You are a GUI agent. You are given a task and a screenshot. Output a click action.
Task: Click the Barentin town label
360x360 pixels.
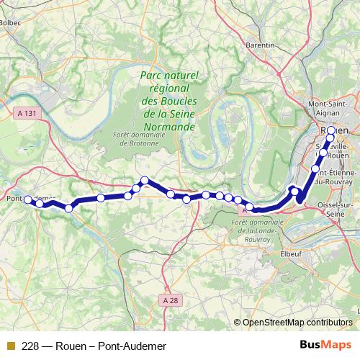261,45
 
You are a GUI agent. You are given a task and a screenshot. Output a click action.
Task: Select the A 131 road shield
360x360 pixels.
25,113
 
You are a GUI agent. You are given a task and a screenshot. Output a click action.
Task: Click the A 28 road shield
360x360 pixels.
169,300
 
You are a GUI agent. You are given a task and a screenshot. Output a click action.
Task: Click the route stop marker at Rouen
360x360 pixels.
330,138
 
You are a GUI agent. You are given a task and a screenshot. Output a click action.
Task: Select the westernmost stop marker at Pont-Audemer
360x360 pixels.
27,199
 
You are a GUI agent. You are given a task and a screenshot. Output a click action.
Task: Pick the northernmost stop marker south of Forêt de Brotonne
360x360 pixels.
145,180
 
